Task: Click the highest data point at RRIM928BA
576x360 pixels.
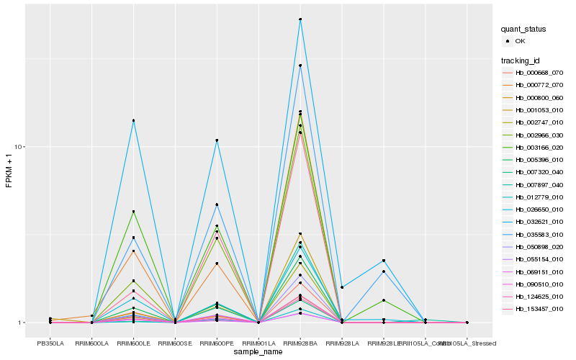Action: [300, 19]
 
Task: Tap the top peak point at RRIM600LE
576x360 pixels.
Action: [134, 120]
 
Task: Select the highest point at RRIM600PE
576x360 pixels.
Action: [217, 140]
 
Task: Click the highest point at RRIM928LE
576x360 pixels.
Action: [384, 261]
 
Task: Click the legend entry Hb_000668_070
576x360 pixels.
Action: [539, 73]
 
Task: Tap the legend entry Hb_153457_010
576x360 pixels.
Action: [539, 309]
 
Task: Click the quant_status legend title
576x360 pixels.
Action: [523, 29]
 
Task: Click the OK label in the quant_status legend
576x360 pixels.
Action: [521, 41]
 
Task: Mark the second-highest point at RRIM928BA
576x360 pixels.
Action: [300, 66]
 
